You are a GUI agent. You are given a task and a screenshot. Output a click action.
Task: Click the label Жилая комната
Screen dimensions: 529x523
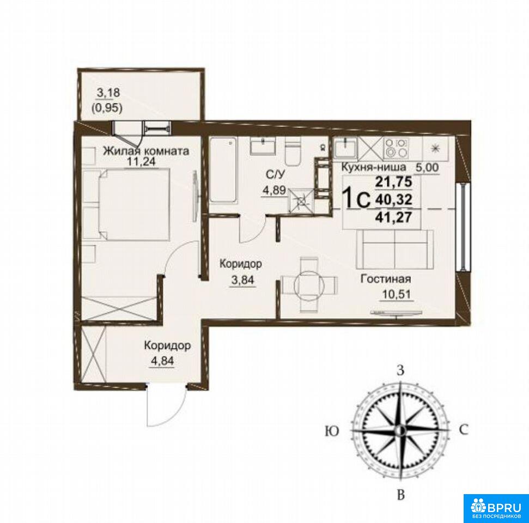click(146, 150)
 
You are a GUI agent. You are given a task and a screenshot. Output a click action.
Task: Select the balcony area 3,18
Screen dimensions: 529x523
click(108, 93)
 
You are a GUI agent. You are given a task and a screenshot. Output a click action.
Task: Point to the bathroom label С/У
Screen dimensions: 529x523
click(276, 174)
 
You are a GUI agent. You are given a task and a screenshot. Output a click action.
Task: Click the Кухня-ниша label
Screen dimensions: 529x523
click(374, 167)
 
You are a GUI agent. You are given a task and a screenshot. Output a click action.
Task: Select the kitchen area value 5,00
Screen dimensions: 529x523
click(427, 167)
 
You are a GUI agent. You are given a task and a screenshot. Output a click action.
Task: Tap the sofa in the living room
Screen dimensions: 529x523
click(394, 250)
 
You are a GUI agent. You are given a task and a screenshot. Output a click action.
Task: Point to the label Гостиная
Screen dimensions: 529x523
click(386, 279)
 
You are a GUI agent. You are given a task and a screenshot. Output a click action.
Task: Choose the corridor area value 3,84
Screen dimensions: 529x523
click(242, 279)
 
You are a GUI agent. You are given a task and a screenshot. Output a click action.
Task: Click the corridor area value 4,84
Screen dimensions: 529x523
click(162, 361)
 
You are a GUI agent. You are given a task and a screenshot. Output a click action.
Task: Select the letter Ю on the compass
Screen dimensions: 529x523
click(332, 431)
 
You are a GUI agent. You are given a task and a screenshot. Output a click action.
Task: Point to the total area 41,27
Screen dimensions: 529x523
click(394, 217)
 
